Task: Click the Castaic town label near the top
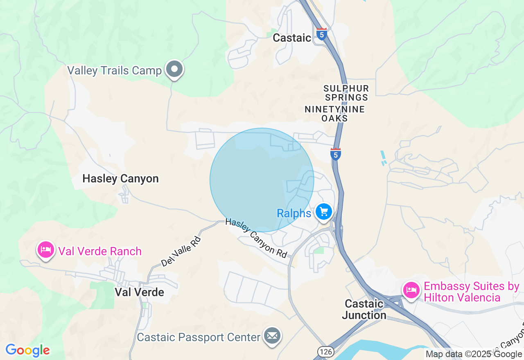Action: [292, 38]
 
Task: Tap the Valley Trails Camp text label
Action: [115, 70]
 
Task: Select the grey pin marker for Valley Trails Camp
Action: [175, 69]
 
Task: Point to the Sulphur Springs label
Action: [346, 93]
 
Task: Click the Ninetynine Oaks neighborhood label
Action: [334, 114]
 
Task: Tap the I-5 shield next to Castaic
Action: [322, 34]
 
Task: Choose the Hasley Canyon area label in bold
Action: [120, 179]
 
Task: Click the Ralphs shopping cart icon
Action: [324, 212]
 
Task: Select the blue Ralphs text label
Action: [294, 214]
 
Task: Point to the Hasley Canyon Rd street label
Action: [256, 238]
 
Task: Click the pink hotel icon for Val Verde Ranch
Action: [45, 249]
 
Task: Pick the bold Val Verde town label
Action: [139, 292]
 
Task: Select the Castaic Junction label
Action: [364, 309]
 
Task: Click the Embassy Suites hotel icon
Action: [411, 290]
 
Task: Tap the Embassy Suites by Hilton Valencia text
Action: [471, 292]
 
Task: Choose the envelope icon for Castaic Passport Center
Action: [272, 336]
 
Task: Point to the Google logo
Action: [28, 350]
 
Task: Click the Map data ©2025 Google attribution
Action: [474, 354]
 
